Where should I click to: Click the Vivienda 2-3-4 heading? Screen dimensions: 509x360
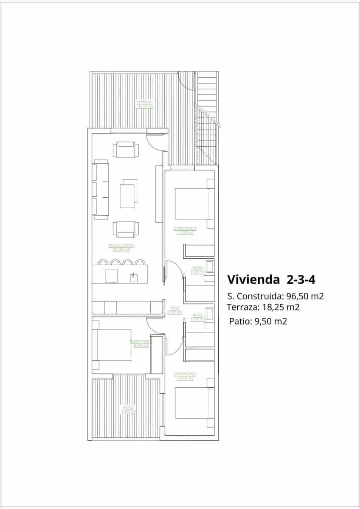coord(271,280)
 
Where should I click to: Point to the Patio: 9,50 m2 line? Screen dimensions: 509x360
coord(258,322)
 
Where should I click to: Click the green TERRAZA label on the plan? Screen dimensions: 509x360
coord(144,102)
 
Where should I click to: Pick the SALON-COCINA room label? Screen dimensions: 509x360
coord(121,246)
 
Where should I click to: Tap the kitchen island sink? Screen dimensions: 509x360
coord(134,277)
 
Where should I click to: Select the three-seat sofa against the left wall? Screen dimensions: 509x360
coord(101,190)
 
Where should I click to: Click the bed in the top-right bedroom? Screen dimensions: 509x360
coord(193,204)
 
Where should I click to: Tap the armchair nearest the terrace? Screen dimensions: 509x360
coord(125,150)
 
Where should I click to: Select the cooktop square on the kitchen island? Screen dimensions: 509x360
coord(111,276)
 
